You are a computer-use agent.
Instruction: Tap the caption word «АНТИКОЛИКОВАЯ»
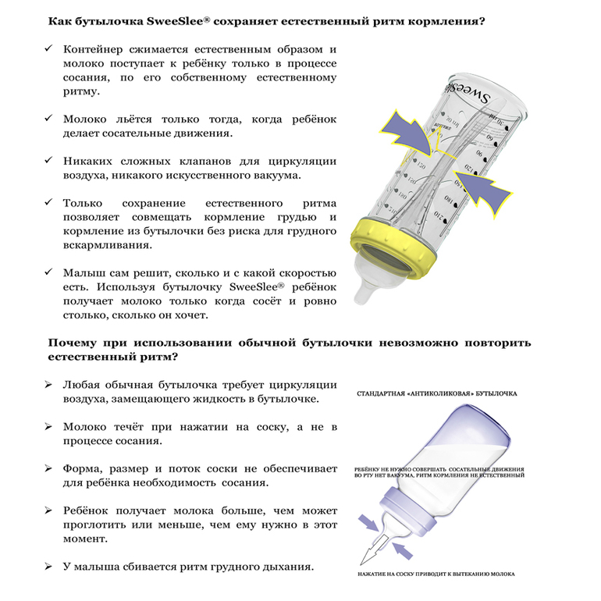(439, 395)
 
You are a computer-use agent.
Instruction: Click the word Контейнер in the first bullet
(94, 49)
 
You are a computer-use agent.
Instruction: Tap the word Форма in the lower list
(82, 469)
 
